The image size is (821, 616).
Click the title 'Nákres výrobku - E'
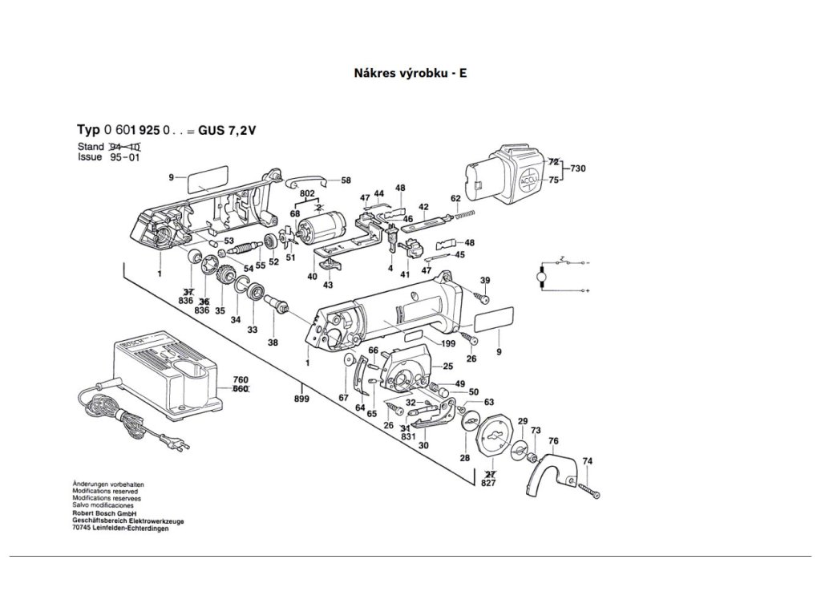410,73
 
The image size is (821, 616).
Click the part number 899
301,399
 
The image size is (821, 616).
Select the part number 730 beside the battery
577,170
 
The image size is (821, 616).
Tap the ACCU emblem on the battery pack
532,178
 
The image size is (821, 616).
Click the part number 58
346,180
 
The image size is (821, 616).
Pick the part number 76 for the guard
553,441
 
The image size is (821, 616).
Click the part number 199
448,343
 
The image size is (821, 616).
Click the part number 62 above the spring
455,197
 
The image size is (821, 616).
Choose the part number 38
273,342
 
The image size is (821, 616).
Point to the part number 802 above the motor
306,193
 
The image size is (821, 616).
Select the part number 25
448,366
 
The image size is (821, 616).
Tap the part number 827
488,483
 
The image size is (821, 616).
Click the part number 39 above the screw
485,280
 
